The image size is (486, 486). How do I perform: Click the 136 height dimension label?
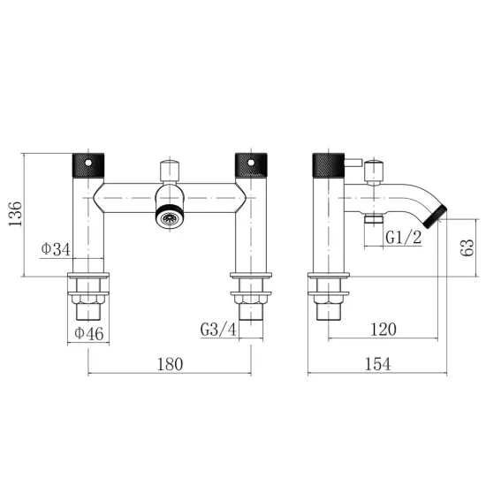15,214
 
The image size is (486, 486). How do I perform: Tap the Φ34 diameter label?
56,248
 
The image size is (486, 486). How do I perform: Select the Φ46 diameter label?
89,333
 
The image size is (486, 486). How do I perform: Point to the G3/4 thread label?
218,330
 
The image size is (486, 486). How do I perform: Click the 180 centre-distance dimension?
171,364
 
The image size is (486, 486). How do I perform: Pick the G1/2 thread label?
404,238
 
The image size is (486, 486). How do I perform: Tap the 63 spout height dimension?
467,247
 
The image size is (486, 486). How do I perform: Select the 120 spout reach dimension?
383,330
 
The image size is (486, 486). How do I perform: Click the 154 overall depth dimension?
378,364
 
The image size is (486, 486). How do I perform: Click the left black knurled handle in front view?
88,165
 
